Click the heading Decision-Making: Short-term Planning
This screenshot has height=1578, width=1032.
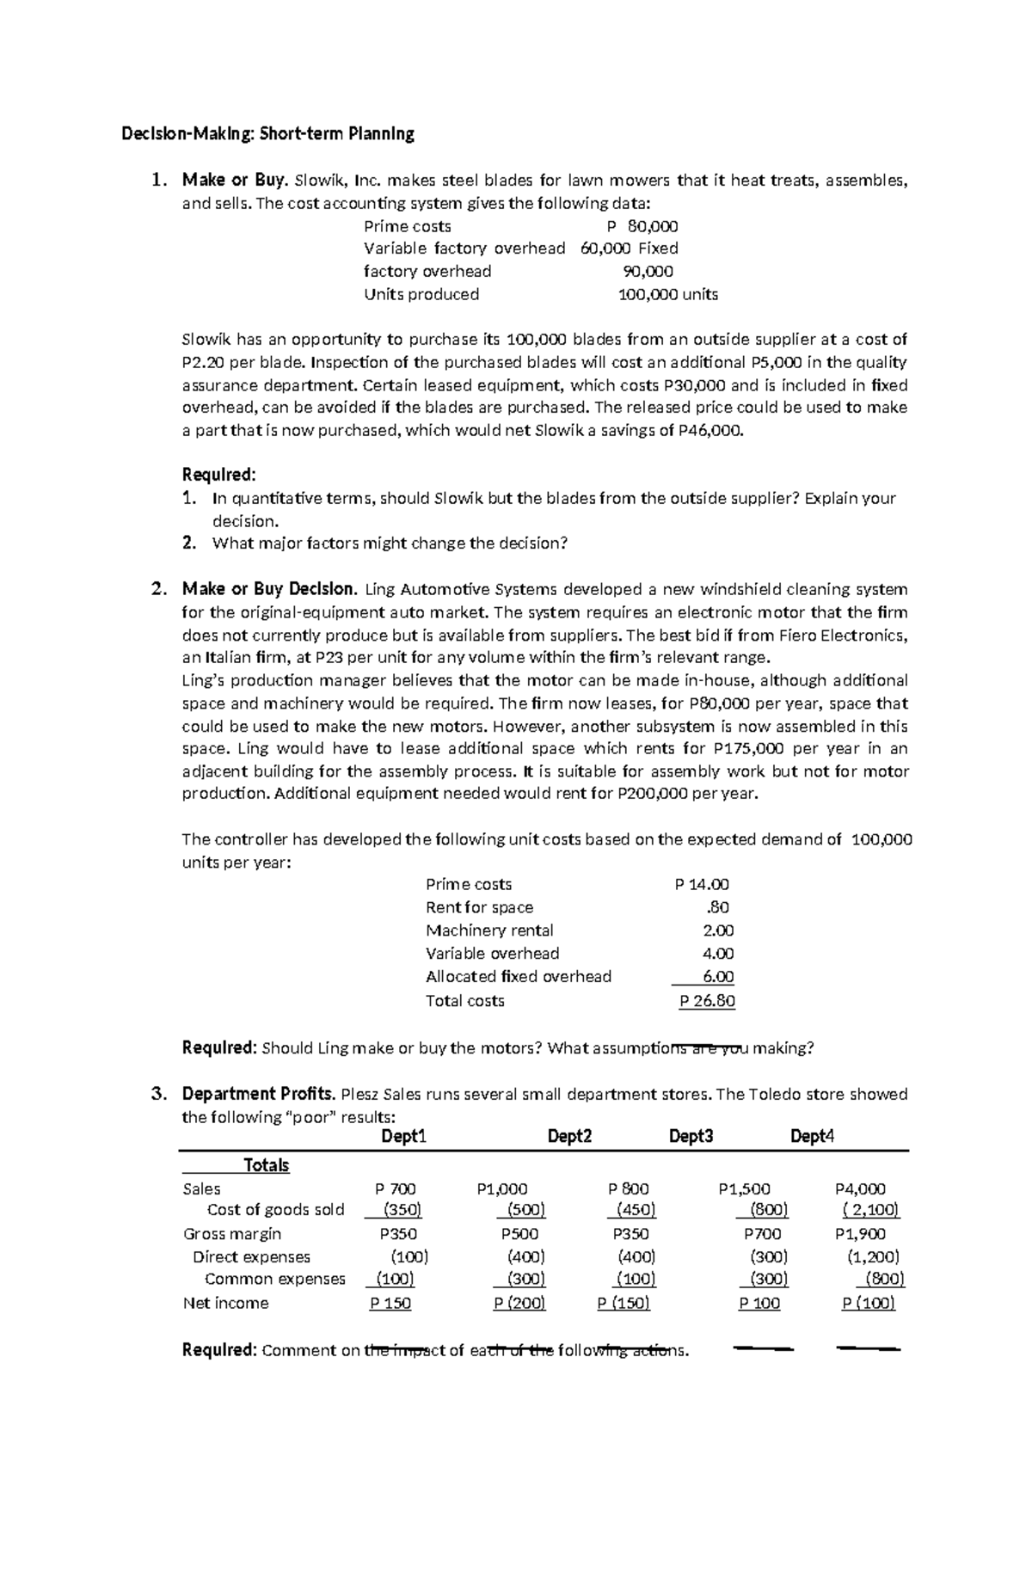[267, 134]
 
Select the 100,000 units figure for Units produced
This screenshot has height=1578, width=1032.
[668, 294]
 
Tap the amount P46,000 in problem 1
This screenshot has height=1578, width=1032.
[709, 431]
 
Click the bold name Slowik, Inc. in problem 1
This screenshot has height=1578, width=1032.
[338, 181]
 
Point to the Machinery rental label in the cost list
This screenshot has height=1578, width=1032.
[489, 930]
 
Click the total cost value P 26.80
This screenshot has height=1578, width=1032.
[706, 1001]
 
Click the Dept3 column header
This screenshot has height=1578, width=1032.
[691, 1137]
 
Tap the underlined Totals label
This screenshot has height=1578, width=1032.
[267, 1165]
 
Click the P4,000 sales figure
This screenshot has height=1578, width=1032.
[860, 1189]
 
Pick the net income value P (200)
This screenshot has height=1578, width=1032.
[519, 1303]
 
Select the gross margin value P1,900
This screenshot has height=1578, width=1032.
[860, 1234]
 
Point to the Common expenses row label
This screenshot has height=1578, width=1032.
[275, 1279]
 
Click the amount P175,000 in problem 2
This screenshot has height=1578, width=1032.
[745, 748]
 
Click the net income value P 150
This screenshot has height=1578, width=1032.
[390, 1303]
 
